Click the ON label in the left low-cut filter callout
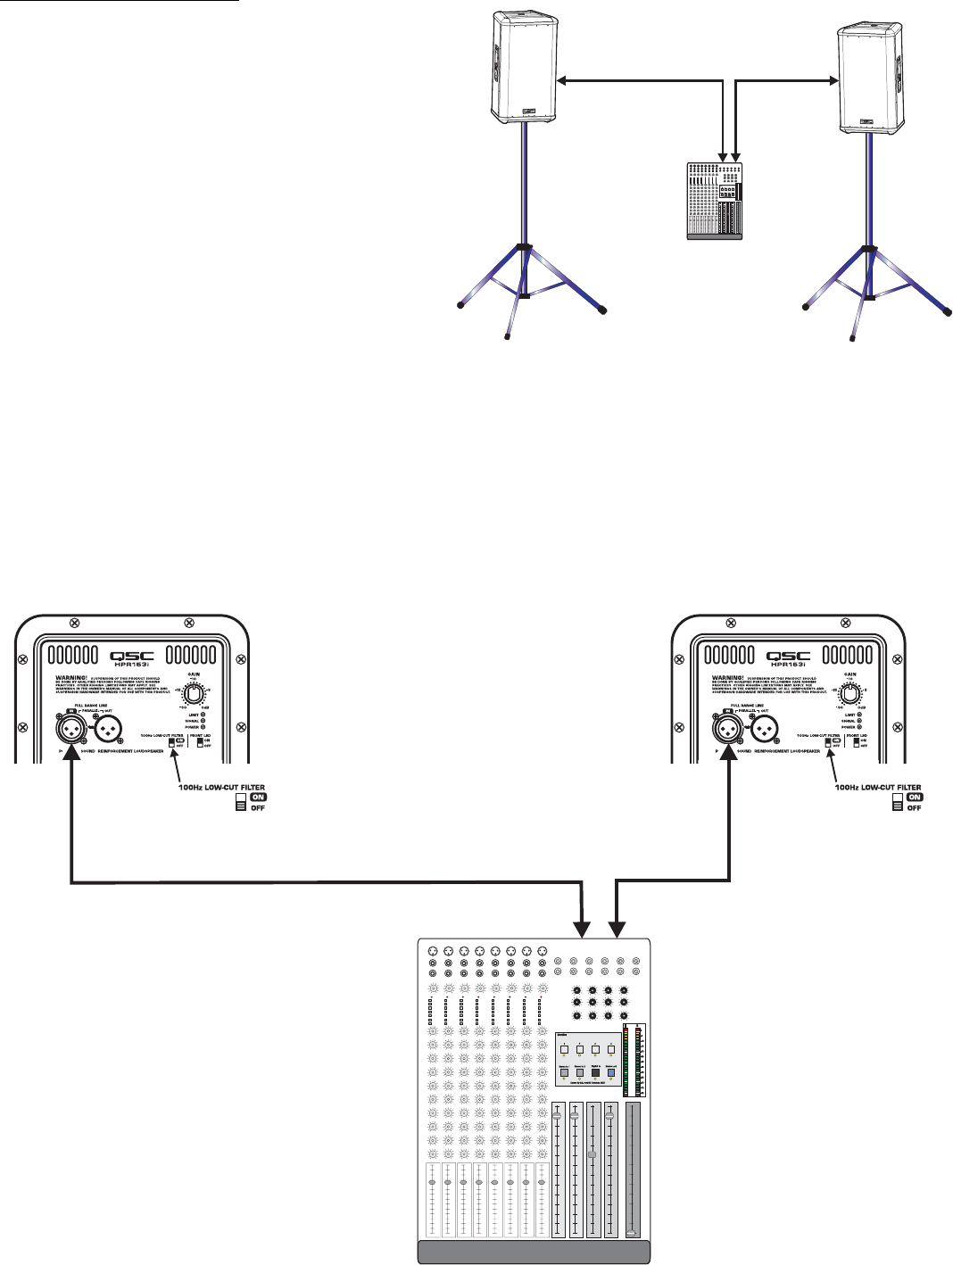(x=259, y=797)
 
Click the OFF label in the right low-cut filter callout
(x=915, y=807)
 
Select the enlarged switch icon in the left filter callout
(x=240, y=802)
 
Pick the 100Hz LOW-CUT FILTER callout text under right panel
(x=878, y=788)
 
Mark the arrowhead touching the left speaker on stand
(x=561, y=81)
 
